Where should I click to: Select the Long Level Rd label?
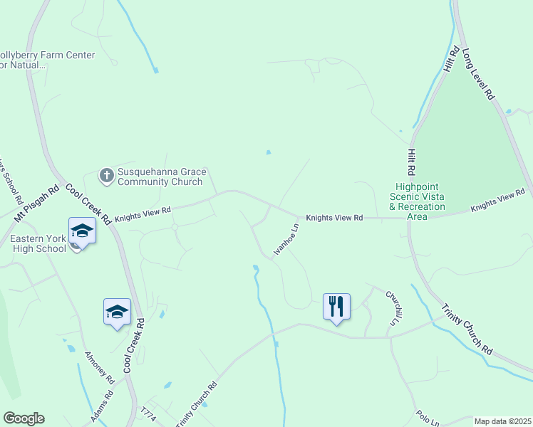[x=478, y=74]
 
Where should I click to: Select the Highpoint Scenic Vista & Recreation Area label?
[x=417, y=196]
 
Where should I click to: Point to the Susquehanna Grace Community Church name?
[x=162, y=176]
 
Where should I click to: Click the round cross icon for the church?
[x=106, y=175]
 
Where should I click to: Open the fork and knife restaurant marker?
[x=336, y=307]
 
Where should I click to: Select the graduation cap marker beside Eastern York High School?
[x=82, y=231]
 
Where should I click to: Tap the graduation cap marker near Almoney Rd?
[x=117, y=312]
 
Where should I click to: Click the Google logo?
[x=24, y=418]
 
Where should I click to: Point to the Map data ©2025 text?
[x=502, y=421]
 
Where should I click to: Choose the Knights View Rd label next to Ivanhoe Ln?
[x=335, y=217]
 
